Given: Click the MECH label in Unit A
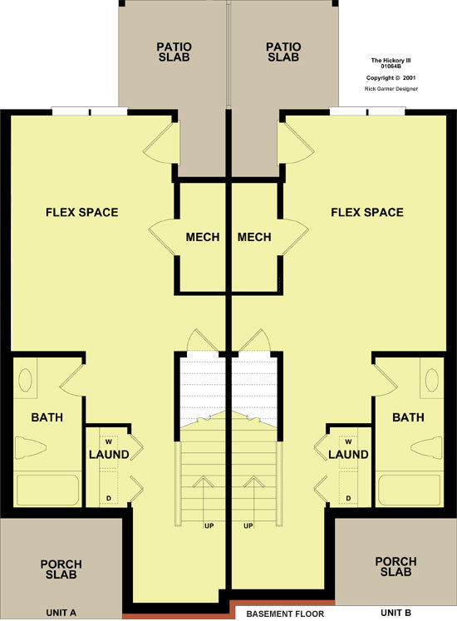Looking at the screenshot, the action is coord(203,237).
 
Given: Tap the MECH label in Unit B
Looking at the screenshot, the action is coord(254,237).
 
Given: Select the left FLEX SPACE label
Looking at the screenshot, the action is coord(82,212).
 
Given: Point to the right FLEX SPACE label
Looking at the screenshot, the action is coord(367,212).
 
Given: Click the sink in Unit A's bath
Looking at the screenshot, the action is coord(25,380).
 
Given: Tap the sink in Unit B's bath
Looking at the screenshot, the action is coord(432,380).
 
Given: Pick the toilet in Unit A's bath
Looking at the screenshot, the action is coord(30,448).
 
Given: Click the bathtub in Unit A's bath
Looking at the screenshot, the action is coord(47,490).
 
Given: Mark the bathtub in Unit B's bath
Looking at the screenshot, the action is coord(409,490).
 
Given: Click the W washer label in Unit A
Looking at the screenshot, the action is coord(109,442).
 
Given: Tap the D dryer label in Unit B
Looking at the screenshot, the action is coord(348,498).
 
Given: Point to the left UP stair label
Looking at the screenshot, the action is coord(209,526).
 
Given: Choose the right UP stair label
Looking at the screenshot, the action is coord(248,526).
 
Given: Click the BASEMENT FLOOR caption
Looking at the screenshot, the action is coord(285,614).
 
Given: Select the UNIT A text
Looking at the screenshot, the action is coord(61,613).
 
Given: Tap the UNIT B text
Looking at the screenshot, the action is coord(396,613).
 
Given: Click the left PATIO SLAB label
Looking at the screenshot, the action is coord(174,52).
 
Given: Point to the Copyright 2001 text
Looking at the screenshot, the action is coord(391,78).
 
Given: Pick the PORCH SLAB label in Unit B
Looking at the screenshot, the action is coord(396,567).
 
